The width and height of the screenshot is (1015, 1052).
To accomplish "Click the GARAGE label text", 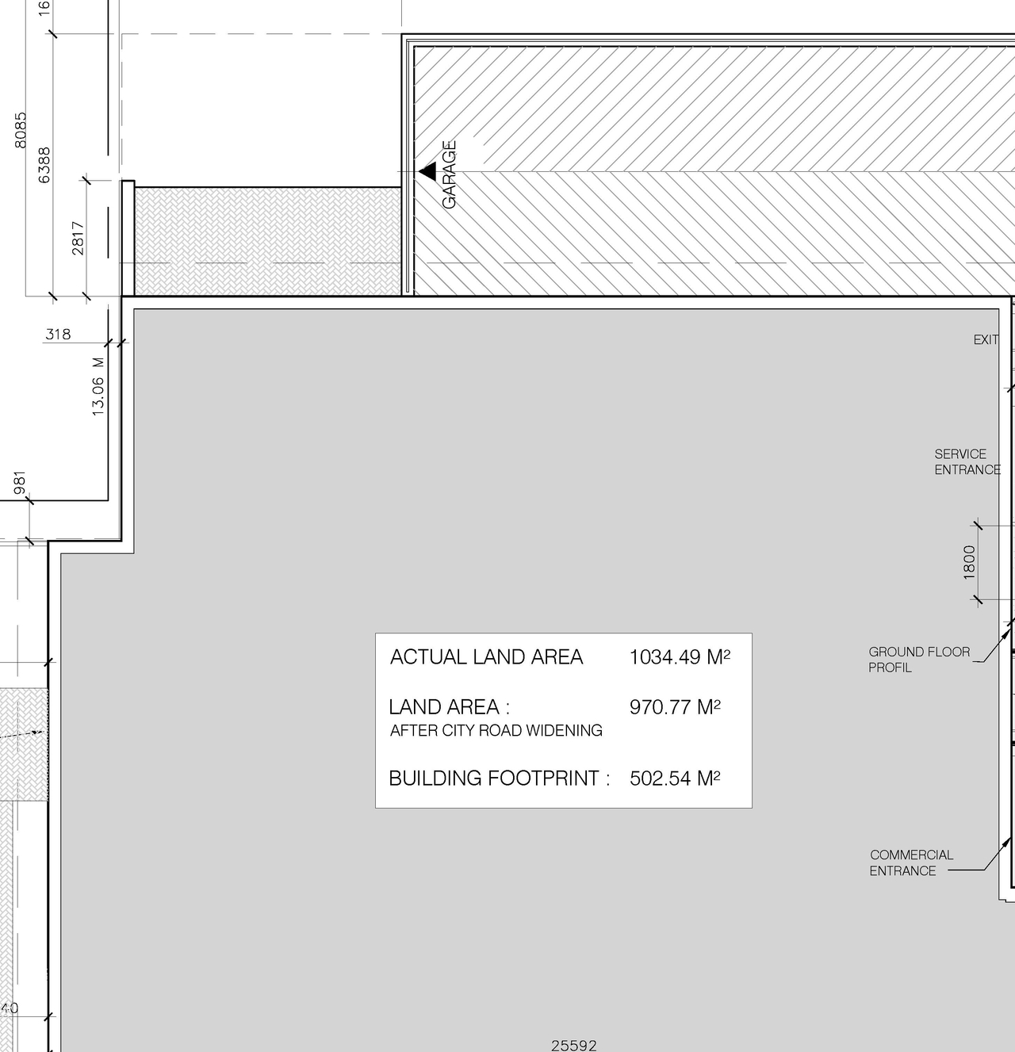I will [x=450, y=175].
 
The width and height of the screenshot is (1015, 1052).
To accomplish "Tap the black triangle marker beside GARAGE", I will [x=428, y=170].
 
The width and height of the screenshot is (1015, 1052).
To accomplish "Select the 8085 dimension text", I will [x=21, y=129].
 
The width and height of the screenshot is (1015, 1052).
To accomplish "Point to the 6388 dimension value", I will [x=44, y=165].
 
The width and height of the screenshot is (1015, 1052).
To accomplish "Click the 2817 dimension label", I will [x=78, y=238].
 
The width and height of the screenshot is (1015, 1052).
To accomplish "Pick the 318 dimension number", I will [x=58, y=334].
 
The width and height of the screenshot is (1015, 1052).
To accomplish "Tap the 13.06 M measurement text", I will [x=98, y=386].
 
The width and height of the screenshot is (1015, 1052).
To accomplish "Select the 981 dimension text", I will [x=20, y=483].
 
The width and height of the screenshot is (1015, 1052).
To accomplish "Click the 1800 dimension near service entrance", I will [x=969, y=562].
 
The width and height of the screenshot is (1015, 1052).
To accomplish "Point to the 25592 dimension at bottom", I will [x=573, y=1046].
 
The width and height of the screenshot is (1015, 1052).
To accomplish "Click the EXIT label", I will [x=986, y=339].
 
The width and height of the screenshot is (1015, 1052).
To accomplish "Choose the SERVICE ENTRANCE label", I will [x=967, y=461].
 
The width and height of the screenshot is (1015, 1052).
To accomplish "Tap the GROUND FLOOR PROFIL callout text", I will [x=918, y=660].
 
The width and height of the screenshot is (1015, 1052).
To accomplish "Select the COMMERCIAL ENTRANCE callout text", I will [x=911, y=863].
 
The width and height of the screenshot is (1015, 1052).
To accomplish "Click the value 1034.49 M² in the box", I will [x=680, y=657].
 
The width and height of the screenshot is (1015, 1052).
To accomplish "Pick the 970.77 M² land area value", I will [x=675, y=706].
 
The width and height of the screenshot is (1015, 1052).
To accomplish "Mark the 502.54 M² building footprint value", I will [x=675, y=778].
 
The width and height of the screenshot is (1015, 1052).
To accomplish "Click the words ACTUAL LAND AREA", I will [x=486, y=657].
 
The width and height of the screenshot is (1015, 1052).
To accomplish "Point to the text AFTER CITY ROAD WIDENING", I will [x=496, y=730].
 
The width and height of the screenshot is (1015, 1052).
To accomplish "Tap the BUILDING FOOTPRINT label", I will [x=499, y=778].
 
